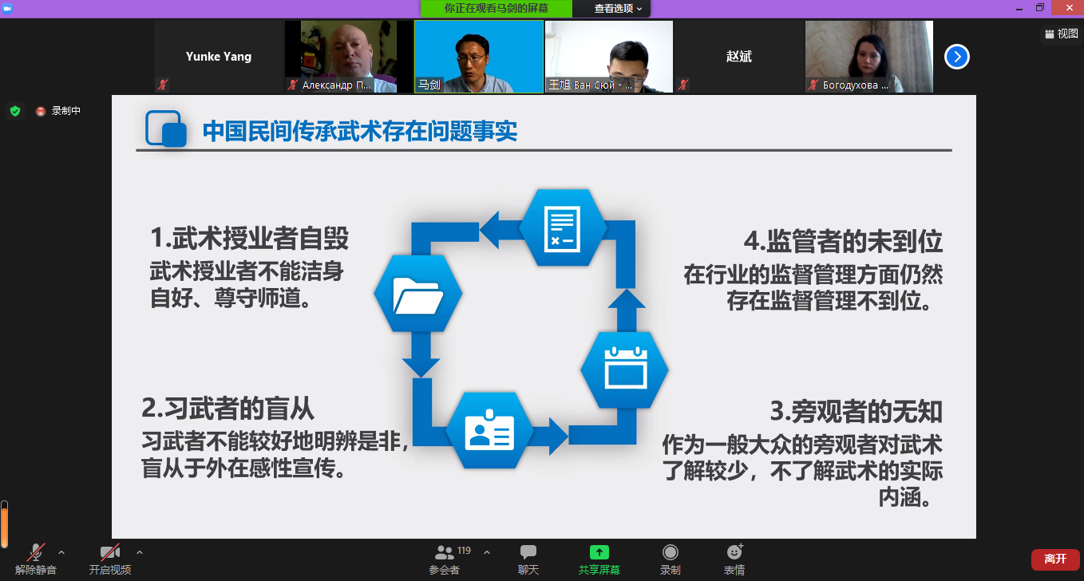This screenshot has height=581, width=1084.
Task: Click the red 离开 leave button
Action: (x=1055, y=559)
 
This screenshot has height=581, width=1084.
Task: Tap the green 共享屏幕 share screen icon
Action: (x=599, y=552)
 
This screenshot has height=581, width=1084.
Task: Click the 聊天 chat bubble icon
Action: (x=528, y=552)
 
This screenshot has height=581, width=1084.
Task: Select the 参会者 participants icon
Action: (x=444, y=552)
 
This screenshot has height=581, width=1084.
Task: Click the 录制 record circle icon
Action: (x=671, y=552)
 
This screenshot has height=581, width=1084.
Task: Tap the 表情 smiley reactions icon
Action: (x=734, y=552)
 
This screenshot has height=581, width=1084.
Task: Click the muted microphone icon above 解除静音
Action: (x=36, y=552)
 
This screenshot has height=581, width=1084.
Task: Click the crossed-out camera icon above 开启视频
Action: (x=110, y=552)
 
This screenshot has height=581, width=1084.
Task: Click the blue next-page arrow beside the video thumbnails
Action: (x=957, y=57)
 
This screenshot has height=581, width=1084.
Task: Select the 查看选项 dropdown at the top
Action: (x=618, y=8)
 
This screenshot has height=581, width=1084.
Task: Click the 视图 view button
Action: (x=1062, y=34)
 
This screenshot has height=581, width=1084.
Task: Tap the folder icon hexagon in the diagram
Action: (x=418, y=294)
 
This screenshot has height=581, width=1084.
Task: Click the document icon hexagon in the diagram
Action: (x=563, y=227)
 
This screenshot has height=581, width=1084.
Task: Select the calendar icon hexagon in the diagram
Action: (x=625, y=370)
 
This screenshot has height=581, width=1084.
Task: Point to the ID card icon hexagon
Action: (x=489, y=430)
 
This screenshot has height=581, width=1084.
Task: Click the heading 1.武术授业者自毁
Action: (x=249, y=239)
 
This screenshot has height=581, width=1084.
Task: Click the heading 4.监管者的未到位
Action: (x=842, y=241)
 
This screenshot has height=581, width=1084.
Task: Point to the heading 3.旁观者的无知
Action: (x=856, y=412)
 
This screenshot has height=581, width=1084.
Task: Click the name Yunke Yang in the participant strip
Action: (x=219, y=57)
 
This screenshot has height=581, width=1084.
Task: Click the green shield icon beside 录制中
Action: (x=15, y=111)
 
